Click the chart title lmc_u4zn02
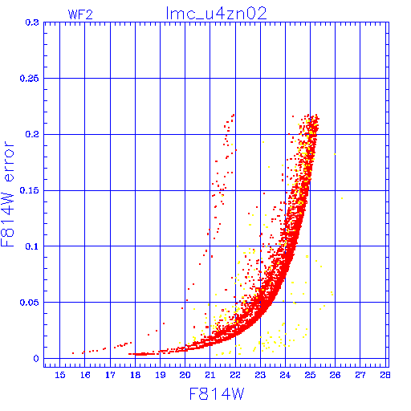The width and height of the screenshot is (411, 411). click(216, 14)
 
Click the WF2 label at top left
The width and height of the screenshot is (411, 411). click(80, 14)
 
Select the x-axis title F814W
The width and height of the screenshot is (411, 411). click(217, 394)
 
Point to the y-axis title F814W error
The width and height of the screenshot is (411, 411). click(7, 194)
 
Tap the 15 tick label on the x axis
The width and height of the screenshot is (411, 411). click(60, 375)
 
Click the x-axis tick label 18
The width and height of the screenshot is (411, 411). click(136, 375)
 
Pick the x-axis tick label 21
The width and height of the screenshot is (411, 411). click(210, 375)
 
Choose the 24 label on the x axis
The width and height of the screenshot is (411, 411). click(285, 375)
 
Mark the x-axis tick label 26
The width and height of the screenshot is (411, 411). click(335, 375)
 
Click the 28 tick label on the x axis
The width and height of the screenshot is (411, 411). click(385, 375)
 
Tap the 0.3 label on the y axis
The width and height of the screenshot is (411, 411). click(32, 22)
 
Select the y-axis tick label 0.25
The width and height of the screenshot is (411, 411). click(29, 79)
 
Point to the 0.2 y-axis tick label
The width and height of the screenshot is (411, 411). click(32, 134)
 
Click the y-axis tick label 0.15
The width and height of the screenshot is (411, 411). click(29, 190)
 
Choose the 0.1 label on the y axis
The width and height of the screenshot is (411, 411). click(32, 246)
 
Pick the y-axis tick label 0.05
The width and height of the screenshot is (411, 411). click(29, 303)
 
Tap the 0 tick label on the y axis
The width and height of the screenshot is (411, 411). click(36, 359)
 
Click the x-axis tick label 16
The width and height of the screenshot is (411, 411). click(85, 375)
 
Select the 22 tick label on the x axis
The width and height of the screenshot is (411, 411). click(235, 375)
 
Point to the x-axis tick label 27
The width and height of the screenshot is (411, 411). click(360, 375)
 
